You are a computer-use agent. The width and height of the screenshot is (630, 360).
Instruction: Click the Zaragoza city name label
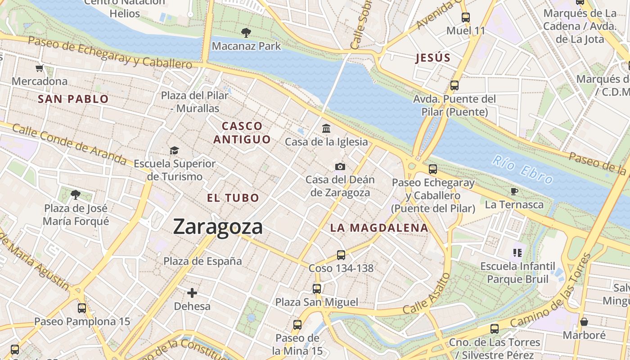coord(218,226)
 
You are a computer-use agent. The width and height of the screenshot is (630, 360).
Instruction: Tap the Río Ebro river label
coord(522,170)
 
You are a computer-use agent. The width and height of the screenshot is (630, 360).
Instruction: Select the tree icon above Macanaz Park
coord(246,32)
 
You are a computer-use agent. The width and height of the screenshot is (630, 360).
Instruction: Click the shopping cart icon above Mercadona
coord(40,68)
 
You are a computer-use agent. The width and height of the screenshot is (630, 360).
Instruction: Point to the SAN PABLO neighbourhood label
coord(73,99)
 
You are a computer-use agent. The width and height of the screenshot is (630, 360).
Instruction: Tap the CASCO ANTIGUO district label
coord(242,133)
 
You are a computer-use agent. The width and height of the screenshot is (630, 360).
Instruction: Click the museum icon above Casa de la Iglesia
coord(326,129)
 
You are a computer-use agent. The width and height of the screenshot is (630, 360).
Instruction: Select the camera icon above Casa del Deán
coord(340,167)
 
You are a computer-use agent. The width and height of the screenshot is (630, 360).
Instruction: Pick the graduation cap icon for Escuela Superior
coord(174,150)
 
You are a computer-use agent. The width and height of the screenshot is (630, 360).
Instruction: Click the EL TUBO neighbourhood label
coord(233,198)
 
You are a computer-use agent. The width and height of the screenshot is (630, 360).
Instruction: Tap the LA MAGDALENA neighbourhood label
coord(379,228)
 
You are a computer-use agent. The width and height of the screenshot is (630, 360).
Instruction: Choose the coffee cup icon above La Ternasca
coord(514,192)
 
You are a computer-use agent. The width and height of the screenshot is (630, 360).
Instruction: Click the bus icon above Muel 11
coord(466,18)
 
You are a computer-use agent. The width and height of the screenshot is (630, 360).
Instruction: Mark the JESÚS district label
coord(433,58)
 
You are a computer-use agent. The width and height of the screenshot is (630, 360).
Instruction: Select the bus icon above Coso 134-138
coord(341,255)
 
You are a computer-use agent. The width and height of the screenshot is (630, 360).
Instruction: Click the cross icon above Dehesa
coord(192,293)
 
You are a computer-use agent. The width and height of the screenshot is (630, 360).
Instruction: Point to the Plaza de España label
coord(202,261)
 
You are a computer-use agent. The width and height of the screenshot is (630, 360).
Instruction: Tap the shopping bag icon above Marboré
coord(584,322)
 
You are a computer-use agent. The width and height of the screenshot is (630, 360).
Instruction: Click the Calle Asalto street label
coord(427,294)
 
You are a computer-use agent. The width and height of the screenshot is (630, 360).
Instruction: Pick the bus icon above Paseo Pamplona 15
coord(82,308)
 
